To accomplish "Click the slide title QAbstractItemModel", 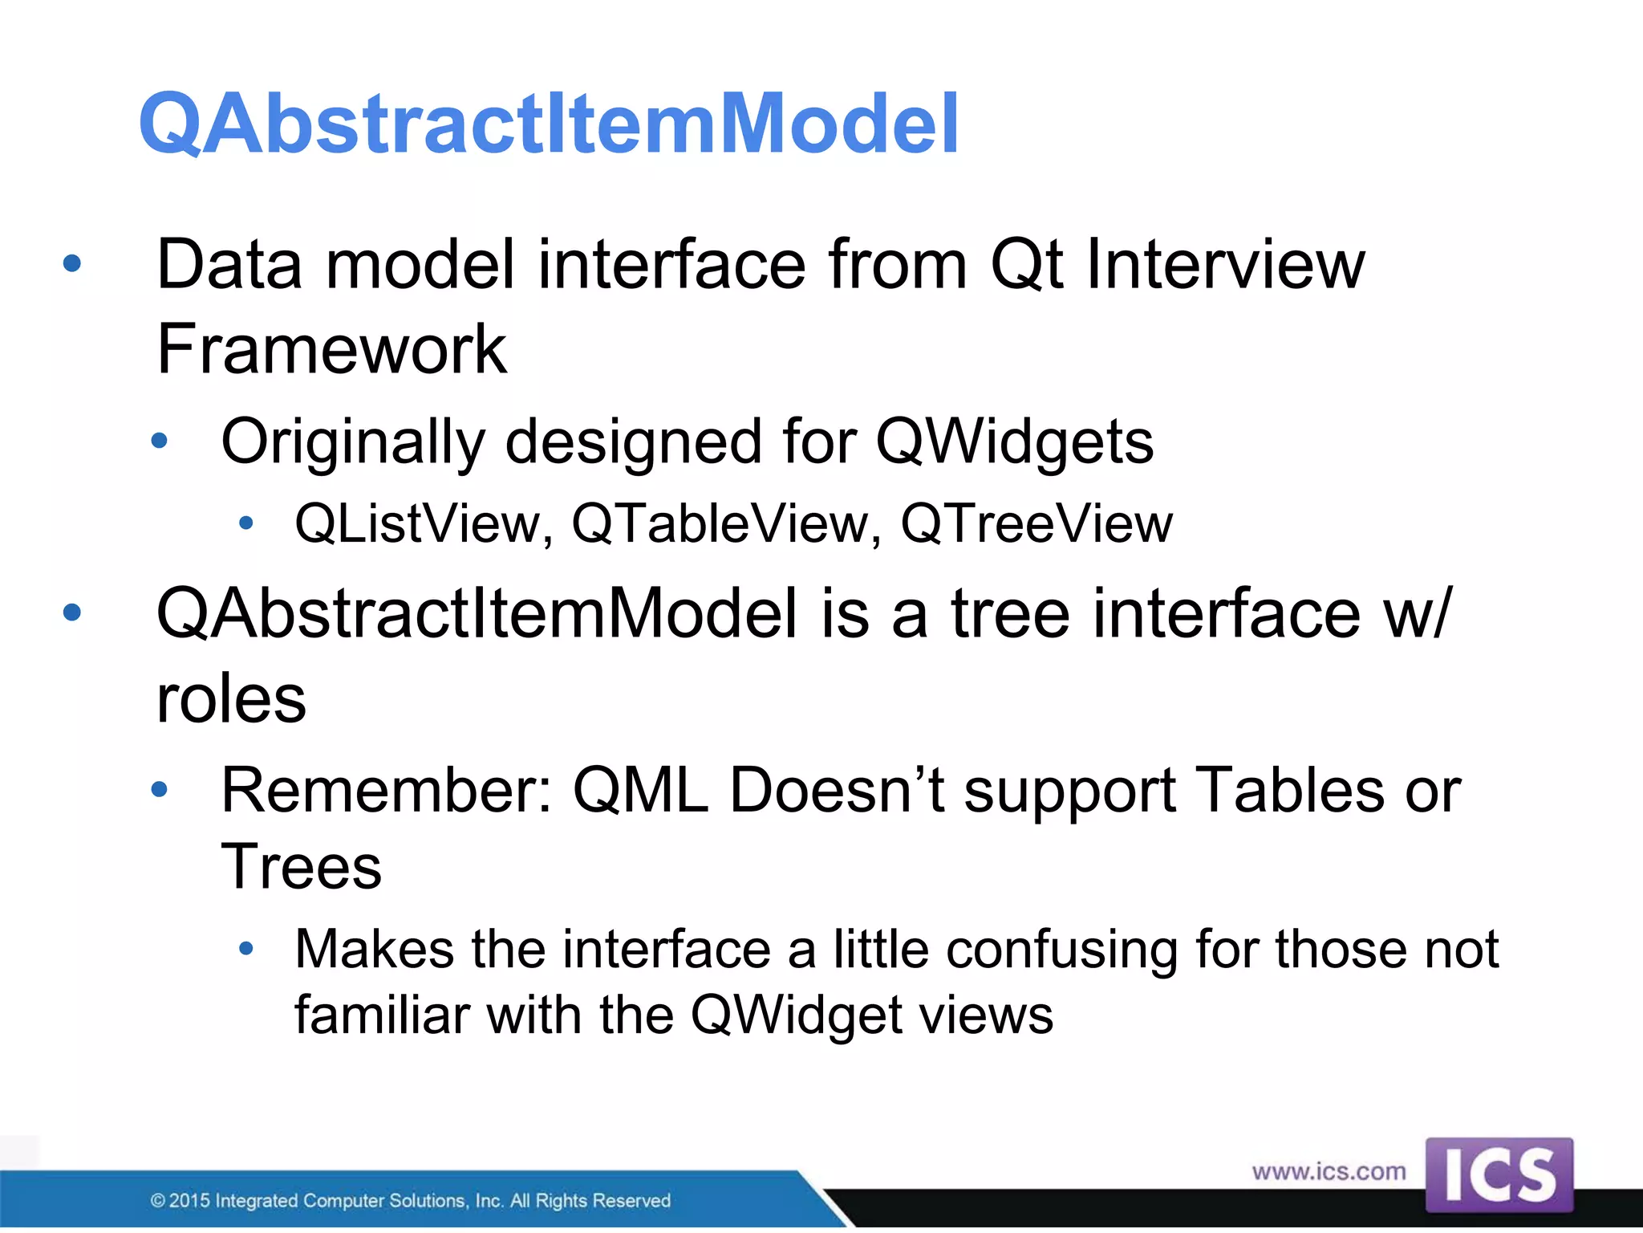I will pyautogui.click(x=549, y=124).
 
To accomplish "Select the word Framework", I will pyautogui.click(x=331, y=350).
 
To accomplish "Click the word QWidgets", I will pyautogui.click(x=1014, y=442).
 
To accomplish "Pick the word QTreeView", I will pyautogui.click(x=1036, y=524).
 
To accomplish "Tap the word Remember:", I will pyautogui.click(x=387, y=791).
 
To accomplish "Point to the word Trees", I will pyautogui.click(x=301, y=868).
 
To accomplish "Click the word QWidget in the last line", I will pyautogui.click(x=796, y=1016).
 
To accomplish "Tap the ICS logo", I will pyautogui.click(x=1499, y=1175).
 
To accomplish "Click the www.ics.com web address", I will pyautogui.click(x=1329, y=1172).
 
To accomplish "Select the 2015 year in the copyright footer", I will pyautogui.click(x=189, y=1201).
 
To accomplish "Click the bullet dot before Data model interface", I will pyautogui.click(x=72, y=263).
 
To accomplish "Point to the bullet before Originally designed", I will pyautogui.click(x=160, y=441).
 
